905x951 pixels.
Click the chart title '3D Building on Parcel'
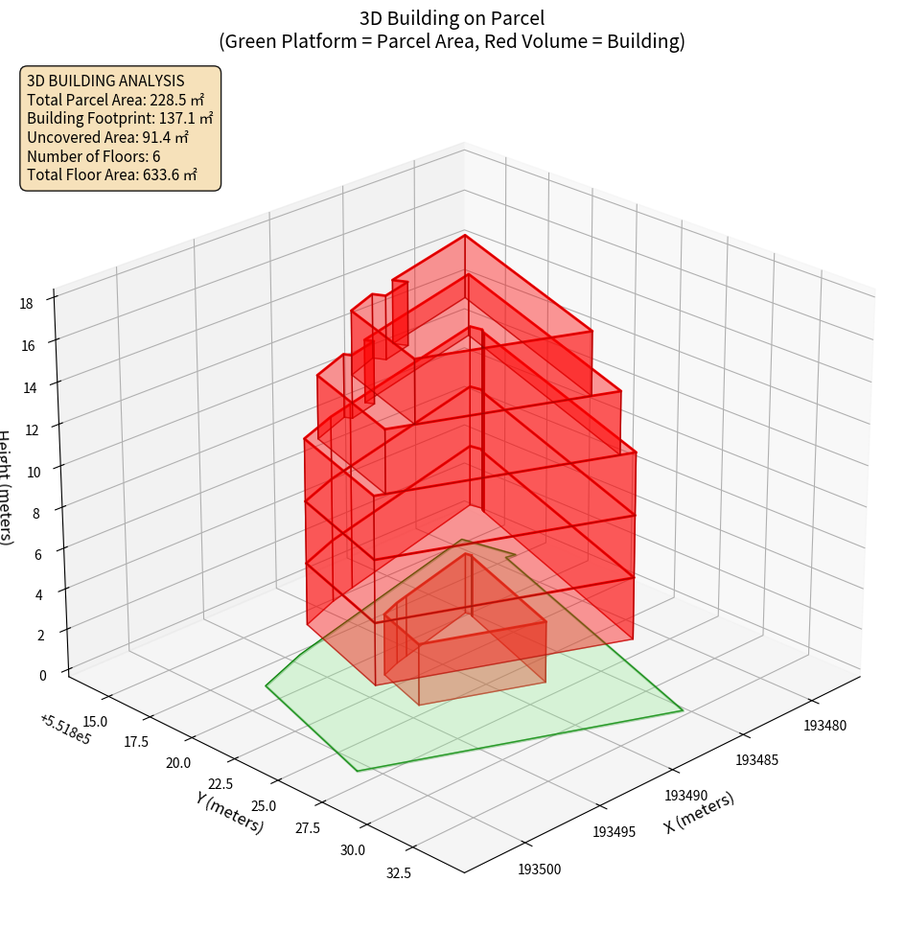tap(452, 17)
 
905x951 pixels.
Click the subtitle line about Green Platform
tap(452, 41)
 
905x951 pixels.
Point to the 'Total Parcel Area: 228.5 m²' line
tap(115, 99)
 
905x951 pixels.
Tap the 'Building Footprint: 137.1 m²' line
tap(120, 118)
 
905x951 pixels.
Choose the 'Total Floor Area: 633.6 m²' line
tap(112, 174)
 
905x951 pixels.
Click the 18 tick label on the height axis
tap(26, 304)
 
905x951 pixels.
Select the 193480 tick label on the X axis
tap(824, 726)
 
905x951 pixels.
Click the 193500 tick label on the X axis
tap(541, 870)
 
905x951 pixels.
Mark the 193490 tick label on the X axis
tap(685, 796)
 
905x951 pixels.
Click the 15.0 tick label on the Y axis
tap(96, 720)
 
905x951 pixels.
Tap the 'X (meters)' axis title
tap(699, 813)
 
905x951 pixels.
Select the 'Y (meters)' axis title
tap(229, 811)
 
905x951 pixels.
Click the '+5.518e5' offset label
tap(65, 730)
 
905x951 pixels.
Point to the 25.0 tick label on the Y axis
tap(259, 806)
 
